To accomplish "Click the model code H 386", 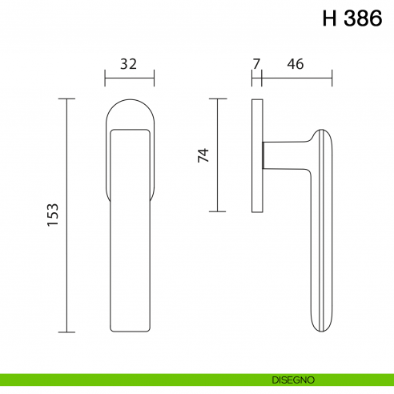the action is point(352,18).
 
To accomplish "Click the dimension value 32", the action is point(128,64).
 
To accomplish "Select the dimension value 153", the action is point(53,215).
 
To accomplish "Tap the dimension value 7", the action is point(256,64).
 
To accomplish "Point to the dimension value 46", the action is point(295,64).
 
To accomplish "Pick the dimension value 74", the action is point(203,155).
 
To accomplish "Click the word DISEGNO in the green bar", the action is point(293,380).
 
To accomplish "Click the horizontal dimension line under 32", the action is point(130,78).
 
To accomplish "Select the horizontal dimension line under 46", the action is point(297,78).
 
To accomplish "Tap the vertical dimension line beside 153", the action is point(66,215).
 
